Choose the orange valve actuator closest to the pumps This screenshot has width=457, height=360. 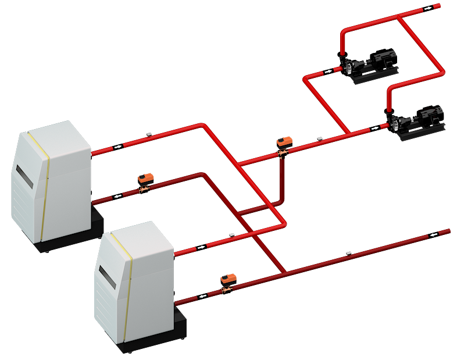tap(284, 141)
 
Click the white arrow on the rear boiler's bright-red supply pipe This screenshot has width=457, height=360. tap(118, 147)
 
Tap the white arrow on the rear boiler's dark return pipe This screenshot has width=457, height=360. tap(118, 196)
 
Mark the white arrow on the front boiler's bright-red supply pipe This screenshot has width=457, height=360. tap(201, 247)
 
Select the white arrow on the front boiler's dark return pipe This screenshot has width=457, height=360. tap(202, 296)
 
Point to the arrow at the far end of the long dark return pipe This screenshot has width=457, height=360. tap(434, 235)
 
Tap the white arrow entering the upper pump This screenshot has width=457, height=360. tap(329, 72)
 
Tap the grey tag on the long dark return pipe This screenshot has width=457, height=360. tap(348, 252)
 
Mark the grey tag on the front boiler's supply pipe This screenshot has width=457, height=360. tap(231, 235)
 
